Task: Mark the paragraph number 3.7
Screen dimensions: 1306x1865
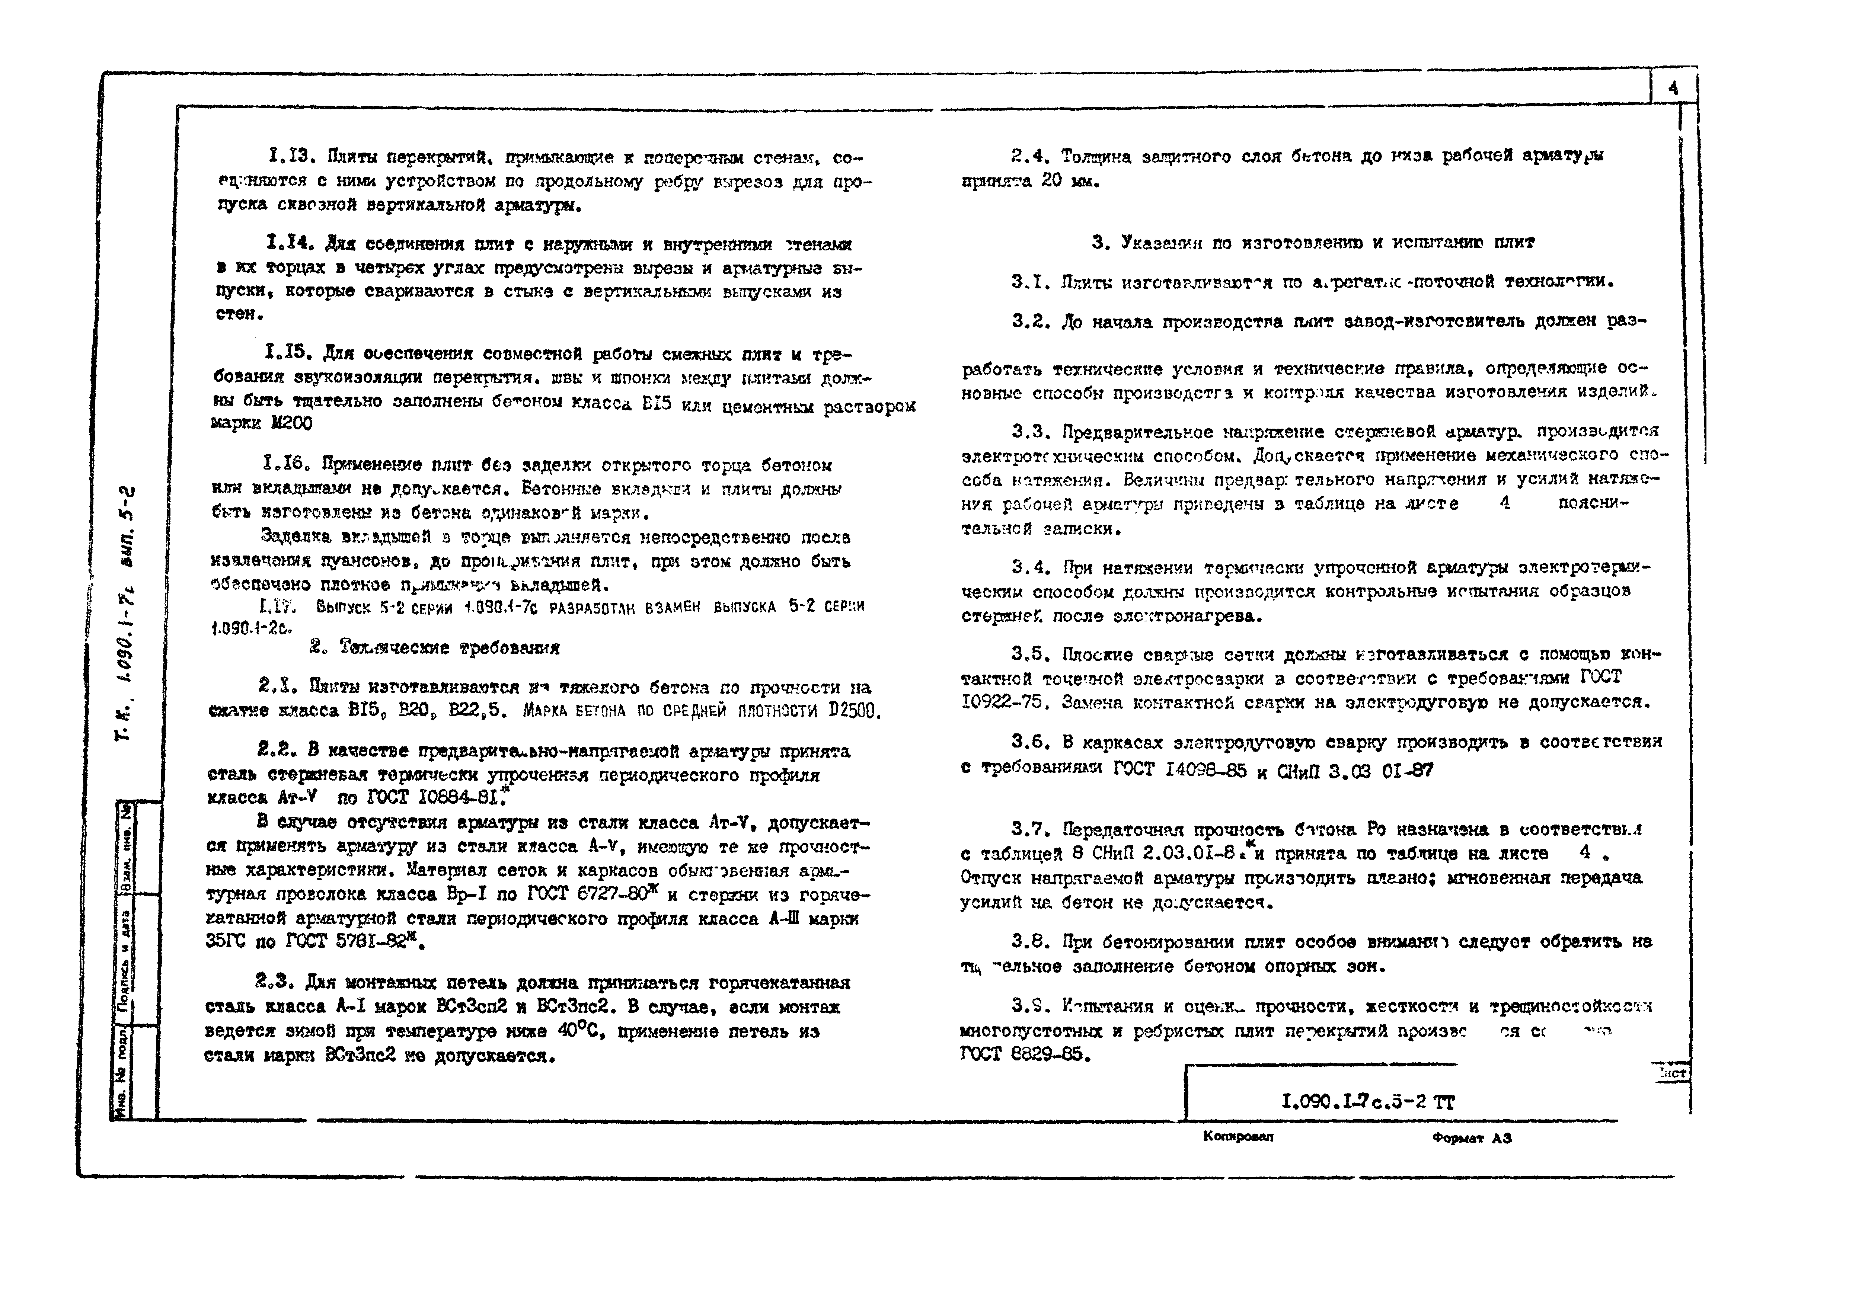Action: pos(1030,829)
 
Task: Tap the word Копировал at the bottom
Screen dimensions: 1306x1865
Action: pos(1238,1136)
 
